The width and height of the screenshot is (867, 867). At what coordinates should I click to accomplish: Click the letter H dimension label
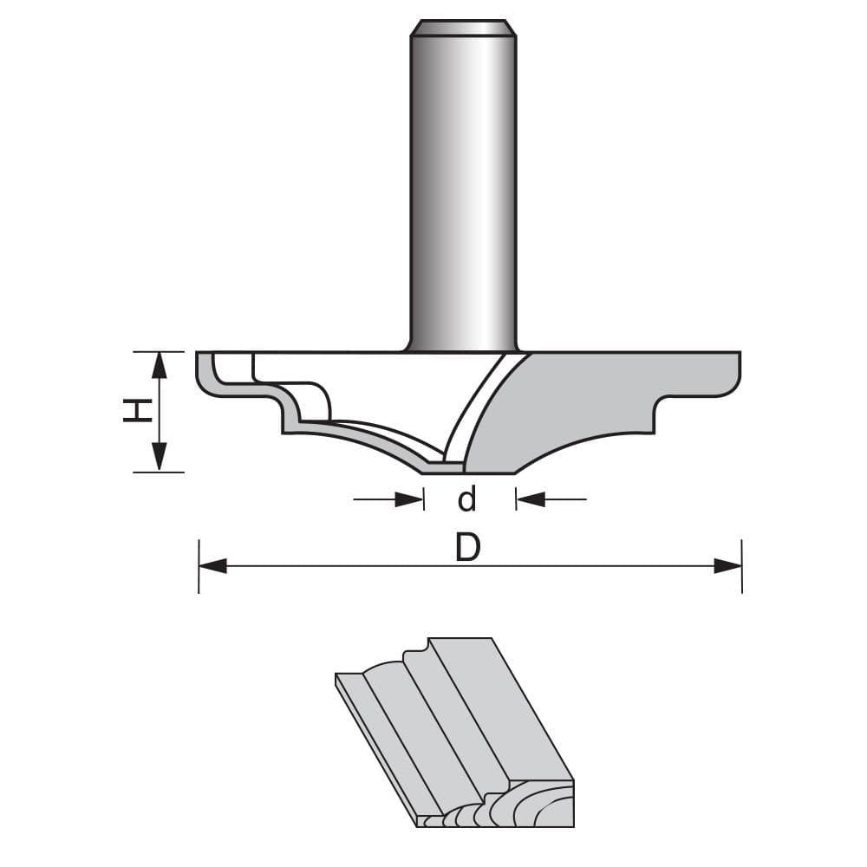136,411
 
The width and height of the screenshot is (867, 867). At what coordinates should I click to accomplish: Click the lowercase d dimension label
467,499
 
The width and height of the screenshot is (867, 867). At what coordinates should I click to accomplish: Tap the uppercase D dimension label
467,547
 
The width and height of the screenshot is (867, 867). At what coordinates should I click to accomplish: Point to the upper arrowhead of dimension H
159,364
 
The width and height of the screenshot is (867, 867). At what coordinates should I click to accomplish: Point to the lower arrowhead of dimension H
159,459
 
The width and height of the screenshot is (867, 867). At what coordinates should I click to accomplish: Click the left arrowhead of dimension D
212,566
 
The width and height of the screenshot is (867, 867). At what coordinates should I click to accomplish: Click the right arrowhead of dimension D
728,566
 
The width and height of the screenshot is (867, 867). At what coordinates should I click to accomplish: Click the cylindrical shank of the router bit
462,191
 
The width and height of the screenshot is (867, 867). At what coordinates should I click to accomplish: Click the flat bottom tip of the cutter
468,469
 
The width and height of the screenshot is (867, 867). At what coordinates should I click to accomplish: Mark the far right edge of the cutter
739,373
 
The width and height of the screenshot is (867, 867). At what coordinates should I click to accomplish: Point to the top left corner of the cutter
199,354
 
